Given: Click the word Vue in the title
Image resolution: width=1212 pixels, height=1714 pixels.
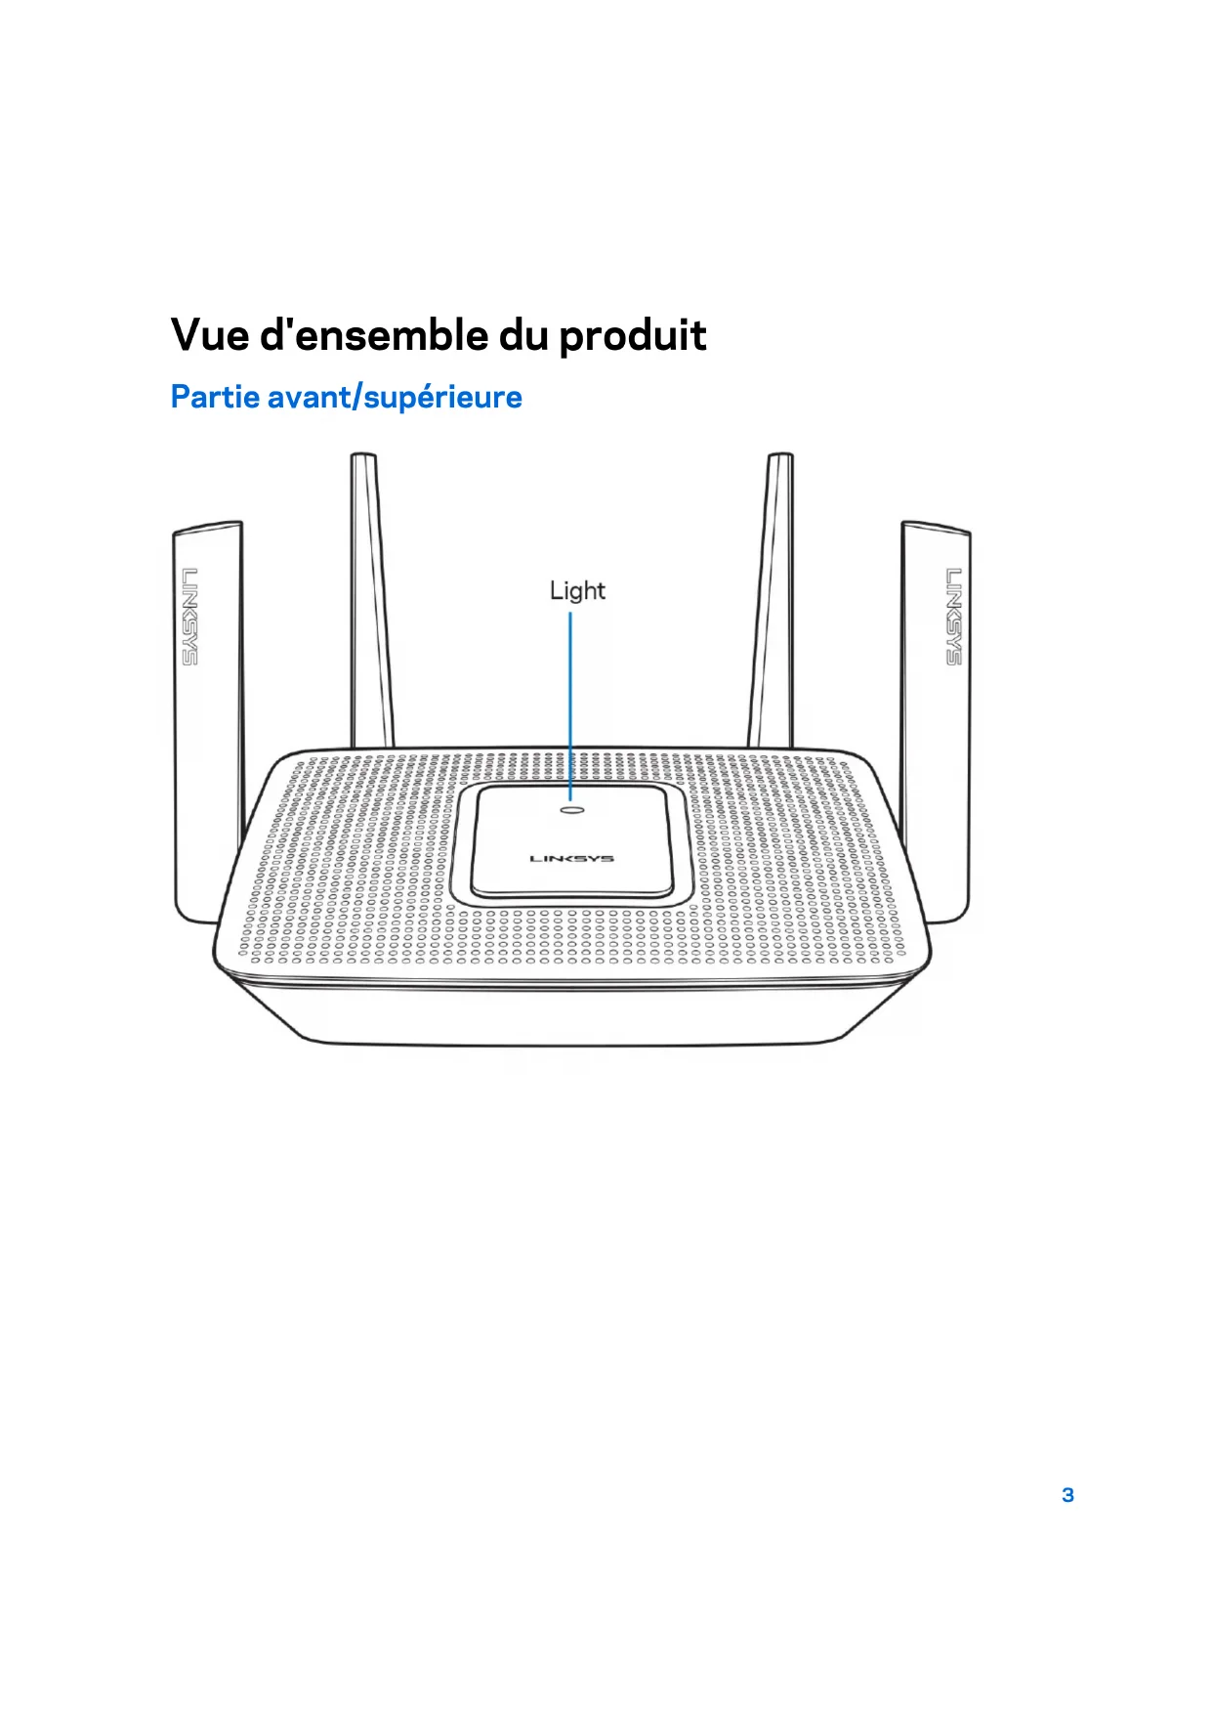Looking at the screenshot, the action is tap(209, 335).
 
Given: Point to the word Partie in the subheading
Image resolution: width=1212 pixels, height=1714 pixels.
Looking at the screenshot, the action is tap(214, 397).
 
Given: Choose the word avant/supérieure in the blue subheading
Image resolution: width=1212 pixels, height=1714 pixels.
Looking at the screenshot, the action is tap(394, 398).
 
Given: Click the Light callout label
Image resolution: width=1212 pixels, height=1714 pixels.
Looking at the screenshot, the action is tap(577, 591).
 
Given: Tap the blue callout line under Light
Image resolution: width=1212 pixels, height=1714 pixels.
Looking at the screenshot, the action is tap(571, 704).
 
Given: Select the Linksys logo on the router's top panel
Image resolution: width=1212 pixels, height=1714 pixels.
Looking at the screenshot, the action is tap(572, 859).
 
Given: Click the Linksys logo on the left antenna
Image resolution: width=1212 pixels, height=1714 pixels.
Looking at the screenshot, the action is tap(189, 616).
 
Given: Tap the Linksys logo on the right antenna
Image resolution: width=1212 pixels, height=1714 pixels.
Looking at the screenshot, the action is tap(953, 616).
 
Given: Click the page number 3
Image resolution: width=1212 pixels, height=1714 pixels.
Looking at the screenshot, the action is tap(1067, 1495).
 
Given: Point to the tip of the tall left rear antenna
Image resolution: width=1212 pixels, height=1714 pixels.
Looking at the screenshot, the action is tap(363, 457).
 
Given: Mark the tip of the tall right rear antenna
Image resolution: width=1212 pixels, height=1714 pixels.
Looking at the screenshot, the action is tap(780, 457).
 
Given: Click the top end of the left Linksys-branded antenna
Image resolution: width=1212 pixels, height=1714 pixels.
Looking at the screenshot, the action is tap(207, 529).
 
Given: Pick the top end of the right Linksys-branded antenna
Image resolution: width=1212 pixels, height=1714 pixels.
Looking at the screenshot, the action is tap(935, 529).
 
